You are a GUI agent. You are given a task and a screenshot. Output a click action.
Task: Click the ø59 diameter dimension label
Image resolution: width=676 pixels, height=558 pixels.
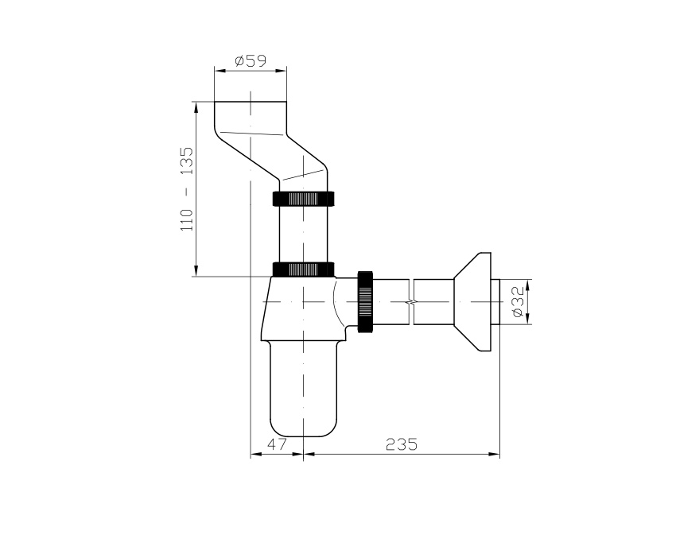(251, 60)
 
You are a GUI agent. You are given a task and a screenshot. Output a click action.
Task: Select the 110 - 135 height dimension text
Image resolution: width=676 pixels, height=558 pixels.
(187, 189)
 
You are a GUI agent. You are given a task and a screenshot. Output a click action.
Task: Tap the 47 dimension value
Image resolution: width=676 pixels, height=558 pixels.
(276, 444)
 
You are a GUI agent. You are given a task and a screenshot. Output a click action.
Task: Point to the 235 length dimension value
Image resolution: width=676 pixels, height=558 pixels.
(402, 444)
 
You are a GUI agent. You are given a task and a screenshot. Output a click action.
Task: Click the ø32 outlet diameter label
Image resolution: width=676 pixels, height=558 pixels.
(518, 301)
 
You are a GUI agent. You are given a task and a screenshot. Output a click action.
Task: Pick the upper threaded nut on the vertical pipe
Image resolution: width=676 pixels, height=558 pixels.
(304, 199)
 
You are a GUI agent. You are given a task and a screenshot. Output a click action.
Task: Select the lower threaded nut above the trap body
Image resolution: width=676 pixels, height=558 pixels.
(304, 269)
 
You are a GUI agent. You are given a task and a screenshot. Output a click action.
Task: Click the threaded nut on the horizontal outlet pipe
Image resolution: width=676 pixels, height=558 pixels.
(365, 301)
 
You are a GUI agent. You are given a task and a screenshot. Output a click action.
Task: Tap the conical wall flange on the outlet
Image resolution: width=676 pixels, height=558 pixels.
(472, 301)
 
